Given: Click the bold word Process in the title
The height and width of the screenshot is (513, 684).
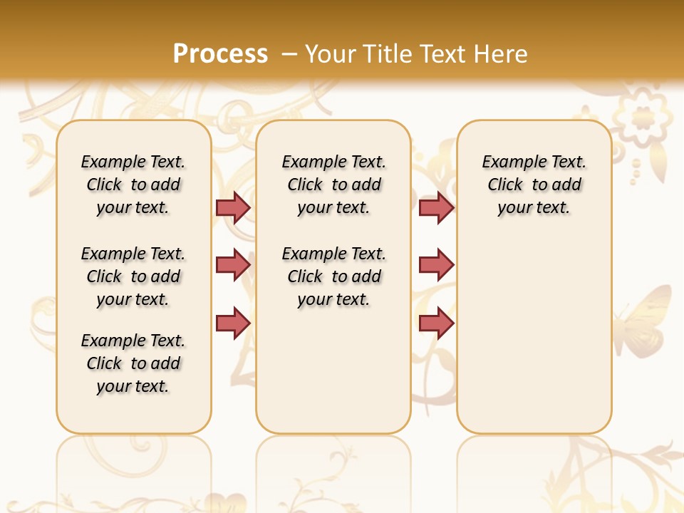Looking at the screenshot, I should tap(220, 54).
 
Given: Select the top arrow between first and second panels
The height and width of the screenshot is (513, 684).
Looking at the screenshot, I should tap(233, 207).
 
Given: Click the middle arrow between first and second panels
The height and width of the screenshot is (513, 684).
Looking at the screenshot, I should tap(233, 265).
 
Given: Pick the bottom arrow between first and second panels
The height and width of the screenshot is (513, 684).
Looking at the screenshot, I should tap(233, 323).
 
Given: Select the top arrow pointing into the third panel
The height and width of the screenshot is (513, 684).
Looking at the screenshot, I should tap(436, 207).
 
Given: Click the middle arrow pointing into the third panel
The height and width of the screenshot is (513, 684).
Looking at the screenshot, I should tap(436, 265).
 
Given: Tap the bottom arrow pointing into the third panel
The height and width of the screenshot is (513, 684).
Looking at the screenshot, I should tap(436, 323).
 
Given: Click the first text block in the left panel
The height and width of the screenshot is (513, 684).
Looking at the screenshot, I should tap(133, 185).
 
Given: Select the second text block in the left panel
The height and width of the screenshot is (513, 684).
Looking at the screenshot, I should tap(133, 276).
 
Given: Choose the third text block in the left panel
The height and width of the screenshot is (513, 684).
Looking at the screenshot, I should tap(133, 363).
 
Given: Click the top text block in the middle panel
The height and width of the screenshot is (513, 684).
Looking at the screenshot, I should tap(334, 185).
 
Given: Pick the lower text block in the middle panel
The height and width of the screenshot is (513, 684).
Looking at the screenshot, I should tap(334, 276).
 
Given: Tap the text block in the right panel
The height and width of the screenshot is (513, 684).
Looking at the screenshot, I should tap(534, 185).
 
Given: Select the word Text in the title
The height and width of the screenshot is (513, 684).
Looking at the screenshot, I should tap(444, 54).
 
